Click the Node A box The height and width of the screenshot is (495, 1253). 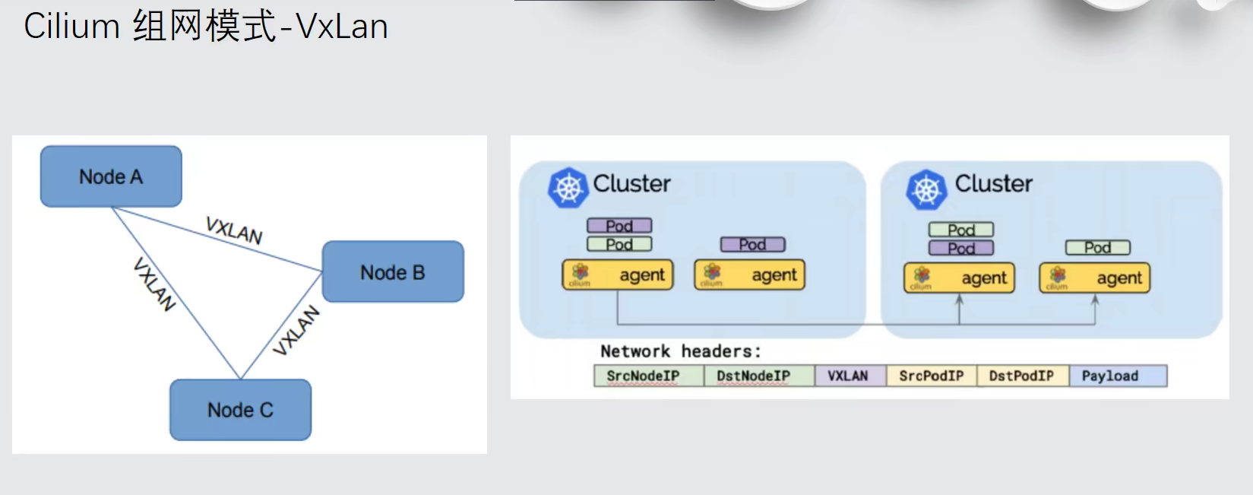tap(111, 176)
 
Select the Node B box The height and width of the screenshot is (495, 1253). tap(393, 272)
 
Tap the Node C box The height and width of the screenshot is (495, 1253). tap(240, 410)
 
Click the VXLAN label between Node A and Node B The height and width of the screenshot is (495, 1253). tap(234, 230)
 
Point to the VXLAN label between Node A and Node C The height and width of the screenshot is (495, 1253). tap(154, 284)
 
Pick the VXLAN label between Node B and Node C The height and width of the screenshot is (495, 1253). tap(296, 330)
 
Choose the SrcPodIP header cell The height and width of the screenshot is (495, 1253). tap(931, 376)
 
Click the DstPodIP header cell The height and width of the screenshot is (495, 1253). tap(1022, 376)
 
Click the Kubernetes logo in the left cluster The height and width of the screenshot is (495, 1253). tap(568, 187)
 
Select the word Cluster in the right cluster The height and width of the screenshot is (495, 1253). tap(993, 183)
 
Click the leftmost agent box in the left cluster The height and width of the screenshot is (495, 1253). tap(618, 274)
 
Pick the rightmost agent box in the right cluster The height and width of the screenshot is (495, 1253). tap(1094, 278)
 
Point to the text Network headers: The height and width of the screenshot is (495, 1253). tap(680, 351)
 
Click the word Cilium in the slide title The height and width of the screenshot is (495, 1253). tap(71, 27)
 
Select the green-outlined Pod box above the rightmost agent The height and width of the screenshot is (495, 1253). tap(1097, 247)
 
